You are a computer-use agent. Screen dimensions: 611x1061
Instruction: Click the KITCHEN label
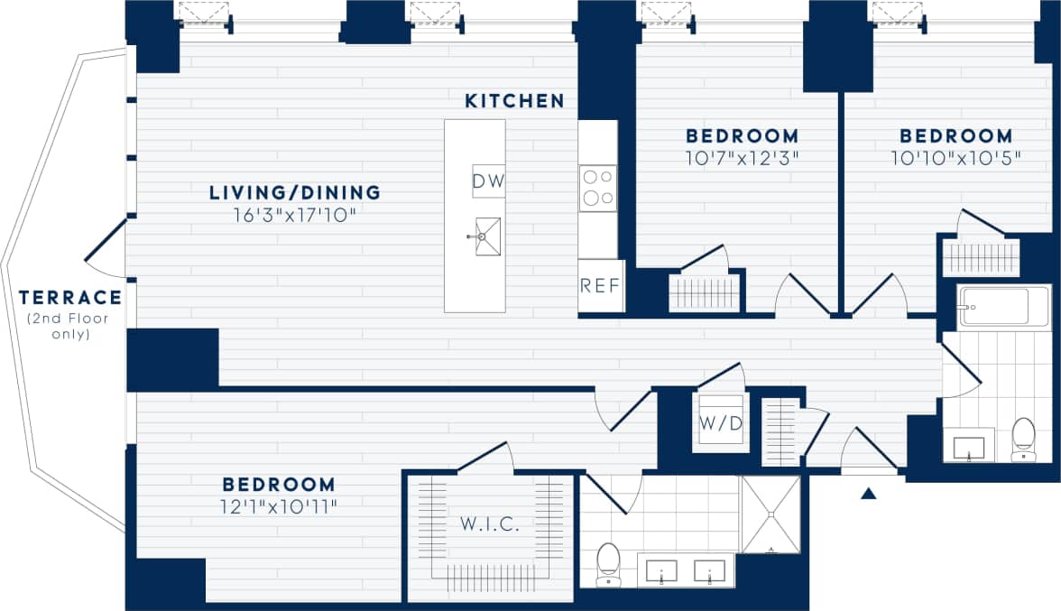click(514, 101)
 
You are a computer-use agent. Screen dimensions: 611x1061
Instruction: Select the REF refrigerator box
click(600, 286)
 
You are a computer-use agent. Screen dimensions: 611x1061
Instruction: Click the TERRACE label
click(69, 297)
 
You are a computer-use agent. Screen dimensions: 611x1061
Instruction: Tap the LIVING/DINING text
click(295, 192)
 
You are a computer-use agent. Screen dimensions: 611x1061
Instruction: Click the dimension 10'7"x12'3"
click(742, 157)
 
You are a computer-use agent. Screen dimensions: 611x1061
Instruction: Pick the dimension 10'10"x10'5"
click(955, 157)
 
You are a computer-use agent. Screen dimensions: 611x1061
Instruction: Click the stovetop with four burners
click(597, 189)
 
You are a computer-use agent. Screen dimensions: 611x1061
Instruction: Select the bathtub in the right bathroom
click(1004, 308)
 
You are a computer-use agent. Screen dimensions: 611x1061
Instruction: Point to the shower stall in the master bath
click(770, 514)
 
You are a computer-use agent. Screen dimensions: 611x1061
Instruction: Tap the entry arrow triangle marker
click(869, 494)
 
